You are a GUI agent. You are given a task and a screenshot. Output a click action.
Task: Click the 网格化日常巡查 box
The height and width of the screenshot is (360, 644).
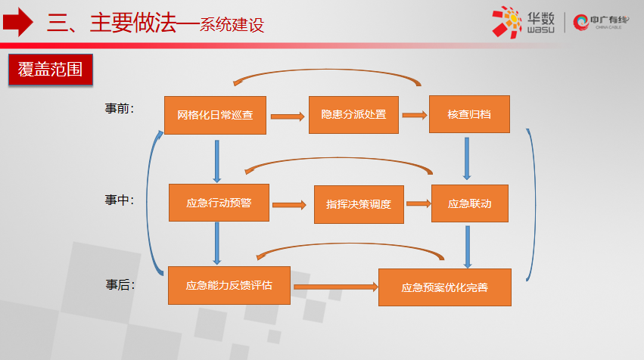tap(215, 116)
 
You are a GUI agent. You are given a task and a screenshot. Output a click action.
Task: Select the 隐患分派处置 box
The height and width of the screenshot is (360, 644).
tap(353, 115)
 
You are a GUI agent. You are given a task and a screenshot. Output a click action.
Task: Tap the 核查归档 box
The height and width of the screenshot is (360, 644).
tap(469, 114)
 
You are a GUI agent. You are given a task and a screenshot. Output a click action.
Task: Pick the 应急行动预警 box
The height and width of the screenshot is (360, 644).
tap(219, 203)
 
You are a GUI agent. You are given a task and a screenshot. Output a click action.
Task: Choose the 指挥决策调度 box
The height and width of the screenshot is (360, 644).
tap(359, 204)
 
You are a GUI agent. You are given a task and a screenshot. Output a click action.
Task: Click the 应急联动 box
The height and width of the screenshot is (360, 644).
tap(470, 203)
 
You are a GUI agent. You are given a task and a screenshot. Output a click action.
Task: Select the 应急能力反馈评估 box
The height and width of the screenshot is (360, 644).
tap(229, 286)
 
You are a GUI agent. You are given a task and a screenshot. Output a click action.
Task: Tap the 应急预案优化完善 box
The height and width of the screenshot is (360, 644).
tap(445, 287)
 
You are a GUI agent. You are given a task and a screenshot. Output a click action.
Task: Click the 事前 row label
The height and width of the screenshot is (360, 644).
tap(119, 108)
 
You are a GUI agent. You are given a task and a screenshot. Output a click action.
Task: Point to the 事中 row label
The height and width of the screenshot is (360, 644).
tap(119, 200)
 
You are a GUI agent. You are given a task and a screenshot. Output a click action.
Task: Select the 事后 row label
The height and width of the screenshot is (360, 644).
tap(120, 285)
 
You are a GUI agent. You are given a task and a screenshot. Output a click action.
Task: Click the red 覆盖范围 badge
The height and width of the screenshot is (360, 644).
tap(51, 70)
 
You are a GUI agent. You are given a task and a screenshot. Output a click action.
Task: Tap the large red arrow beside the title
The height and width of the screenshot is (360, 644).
tap(17, 22)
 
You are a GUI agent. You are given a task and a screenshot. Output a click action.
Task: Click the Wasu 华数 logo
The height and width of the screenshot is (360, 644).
tap(523, 22)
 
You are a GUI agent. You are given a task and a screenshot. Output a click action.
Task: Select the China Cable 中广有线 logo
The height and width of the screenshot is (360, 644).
tap(600, 22)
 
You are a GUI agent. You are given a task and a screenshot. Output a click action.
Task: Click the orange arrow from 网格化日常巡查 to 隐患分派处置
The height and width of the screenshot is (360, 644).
tap(288, 116)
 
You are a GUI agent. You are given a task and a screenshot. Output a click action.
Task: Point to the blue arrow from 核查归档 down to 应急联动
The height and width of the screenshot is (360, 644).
tap(467, 159)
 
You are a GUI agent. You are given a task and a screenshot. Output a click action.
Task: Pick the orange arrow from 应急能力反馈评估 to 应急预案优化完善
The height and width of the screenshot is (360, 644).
tap(335, 287)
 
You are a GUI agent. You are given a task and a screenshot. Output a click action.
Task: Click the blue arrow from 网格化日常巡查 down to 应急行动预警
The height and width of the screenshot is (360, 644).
tap(217, 161)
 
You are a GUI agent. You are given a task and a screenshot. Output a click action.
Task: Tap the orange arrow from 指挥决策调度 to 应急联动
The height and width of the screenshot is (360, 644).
tap(418, 203)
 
